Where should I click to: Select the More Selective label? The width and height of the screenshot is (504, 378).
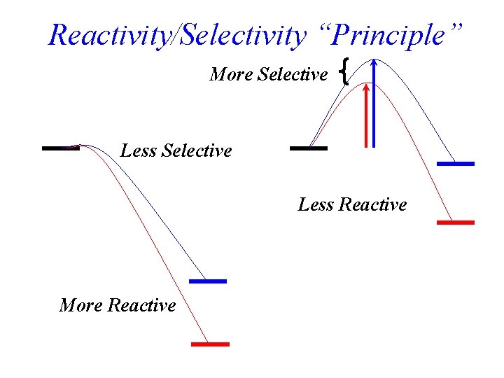point(268,74)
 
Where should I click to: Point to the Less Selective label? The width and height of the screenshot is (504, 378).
point(176,150)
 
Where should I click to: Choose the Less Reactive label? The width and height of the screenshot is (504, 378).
point(352,205)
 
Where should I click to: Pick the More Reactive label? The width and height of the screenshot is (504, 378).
point(118,305)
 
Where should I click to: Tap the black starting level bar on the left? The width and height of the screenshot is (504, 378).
point(61,148)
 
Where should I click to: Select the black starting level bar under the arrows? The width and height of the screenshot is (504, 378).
point(308,148)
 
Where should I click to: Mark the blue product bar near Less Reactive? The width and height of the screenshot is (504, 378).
point(456,164)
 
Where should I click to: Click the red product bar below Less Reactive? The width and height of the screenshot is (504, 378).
point(456,222)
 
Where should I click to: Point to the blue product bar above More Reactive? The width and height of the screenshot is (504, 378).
point(208,281)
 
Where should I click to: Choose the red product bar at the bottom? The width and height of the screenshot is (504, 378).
point(211,344)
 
